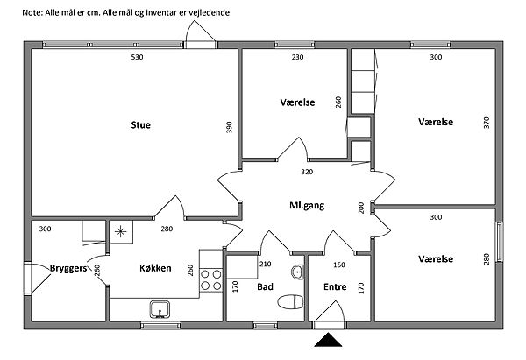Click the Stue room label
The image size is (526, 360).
click(140, 125)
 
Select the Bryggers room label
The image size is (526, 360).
click(68, 268)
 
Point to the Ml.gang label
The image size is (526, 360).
click(307, 207)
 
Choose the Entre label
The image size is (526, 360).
click(335, 286)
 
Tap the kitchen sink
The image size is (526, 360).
click(160, 309)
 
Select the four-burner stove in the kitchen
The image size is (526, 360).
click(211, 279)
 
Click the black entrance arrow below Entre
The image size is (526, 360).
click(330, 341)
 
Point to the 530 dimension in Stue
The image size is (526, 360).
click(137, 58)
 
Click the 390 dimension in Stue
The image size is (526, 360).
click(230, 127)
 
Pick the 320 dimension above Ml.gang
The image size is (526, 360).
click(307, 172)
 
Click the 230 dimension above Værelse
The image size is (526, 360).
click(296, 58)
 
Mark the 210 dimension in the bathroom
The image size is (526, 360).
click(267, 265)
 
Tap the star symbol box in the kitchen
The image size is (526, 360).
click(120, 232)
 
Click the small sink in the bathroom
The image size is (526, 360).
click(299, 271)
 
